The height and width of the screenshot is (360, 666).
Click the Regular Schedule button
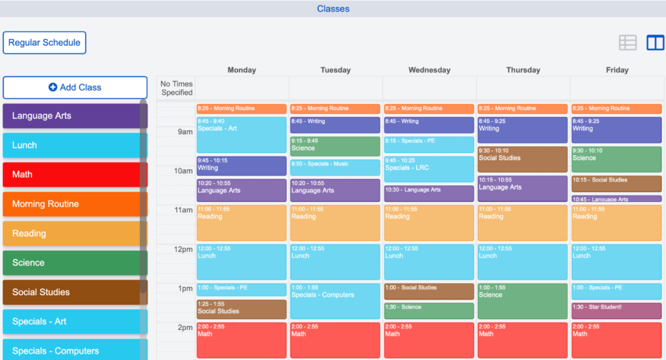(x=44, y=43)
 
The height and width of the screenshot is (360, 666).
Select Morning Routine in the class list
(x=75, y=204)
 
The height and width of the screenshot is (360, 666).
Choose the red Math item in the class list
(x=75, y=175)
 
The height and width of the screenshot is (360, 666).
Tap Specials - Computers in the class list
(x=75, y=350)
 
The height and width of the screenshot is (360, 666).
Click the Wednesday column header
(x=429, y=70)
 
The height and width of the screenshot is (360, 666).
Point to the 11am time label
(x=183, y=211)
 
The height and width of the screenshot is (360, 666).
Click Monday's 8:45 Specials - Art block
(x=241, y=134)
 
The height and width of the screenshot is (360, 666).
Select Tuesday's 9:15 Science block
(x=335, y=146)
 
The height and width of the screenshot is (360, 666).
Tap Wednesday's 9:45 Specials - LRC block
(x=429, y=169)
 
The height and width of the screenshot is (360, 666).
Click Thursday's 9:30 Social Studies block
(x=523, y=159)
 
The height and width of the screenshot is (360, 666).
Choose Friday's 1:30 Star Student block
(x=616, y=311)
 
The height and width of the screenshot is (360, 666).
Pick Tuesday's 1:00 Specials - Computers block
(x=335, y=301)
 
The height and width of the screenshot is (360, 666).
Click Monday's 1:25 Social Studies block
(x=241, y=310)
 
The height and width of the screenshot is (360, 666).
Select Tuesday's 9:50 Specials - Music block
(x=335, y=167)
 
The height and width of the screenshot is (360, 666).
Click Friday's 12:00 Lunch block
(x=616, y=262)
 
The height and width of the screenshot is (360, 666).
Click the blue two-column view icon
(x=655, y=43)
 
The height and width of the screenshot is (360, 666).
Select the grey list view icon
(x=628, y=43)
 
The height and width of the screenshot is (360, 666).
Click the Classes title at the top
(x=333, y=9)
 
